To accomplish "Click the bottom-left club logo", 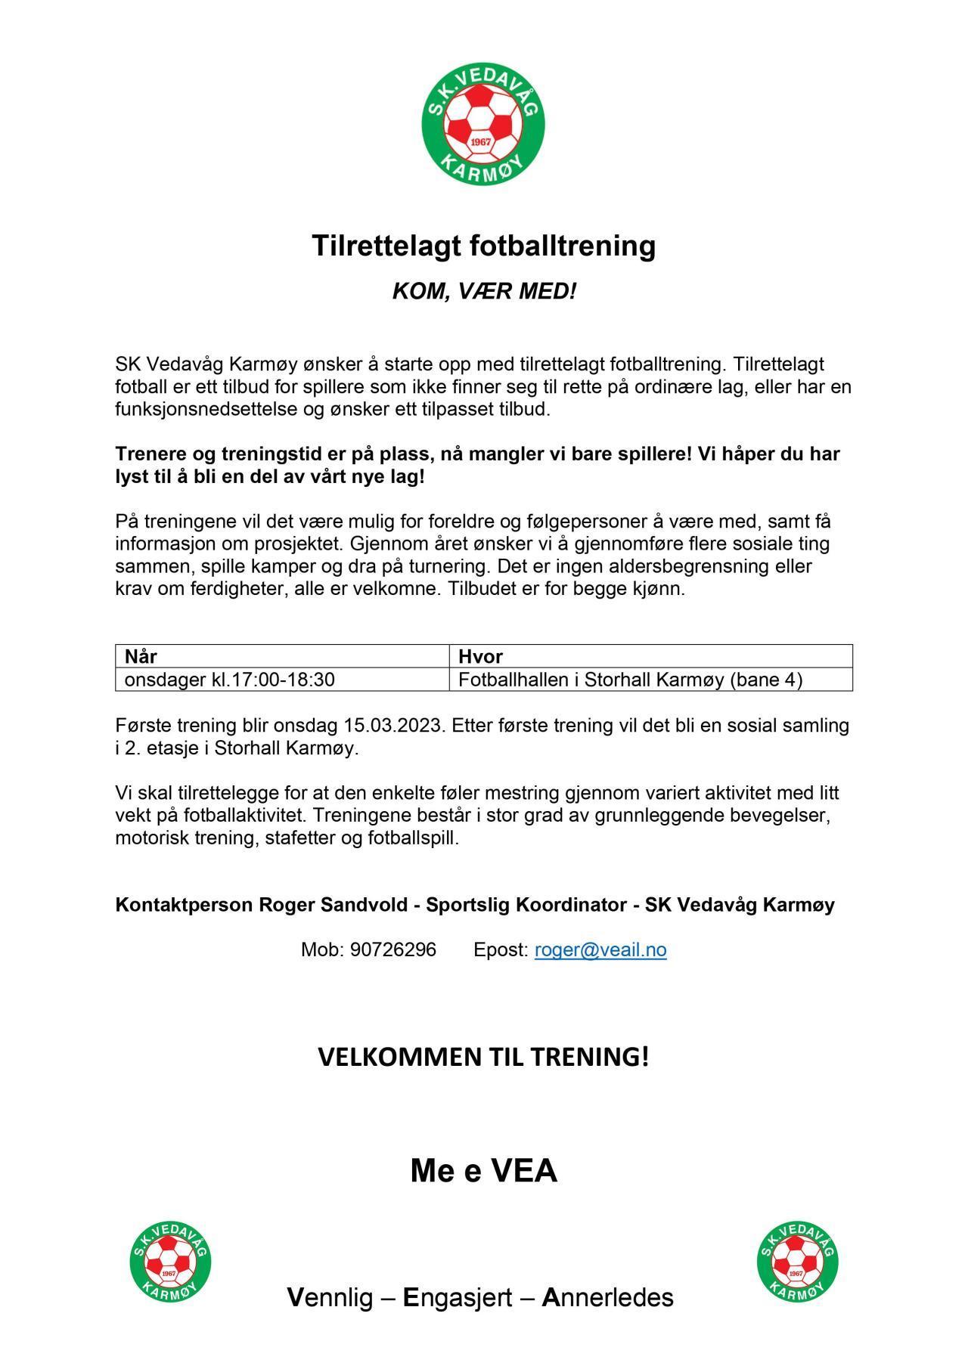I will (170, 1261).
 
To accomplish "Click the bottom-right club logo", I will (797, 1261).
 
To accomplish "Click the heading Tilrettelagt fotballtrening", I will (484, 246).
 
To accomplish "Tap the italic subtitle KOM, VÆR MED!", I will (484, 291).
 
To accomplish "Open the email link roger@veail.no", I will (600, 949).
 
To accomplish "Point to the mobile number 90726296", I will (392, 949).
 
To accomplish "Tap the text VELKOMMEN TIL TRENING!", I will (483, 1057).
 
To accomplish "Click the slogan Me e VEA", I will (484, 1171).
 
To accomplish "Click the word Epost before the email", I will (500, 949).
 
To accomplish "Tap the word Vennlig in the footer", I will (330, 1297).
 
